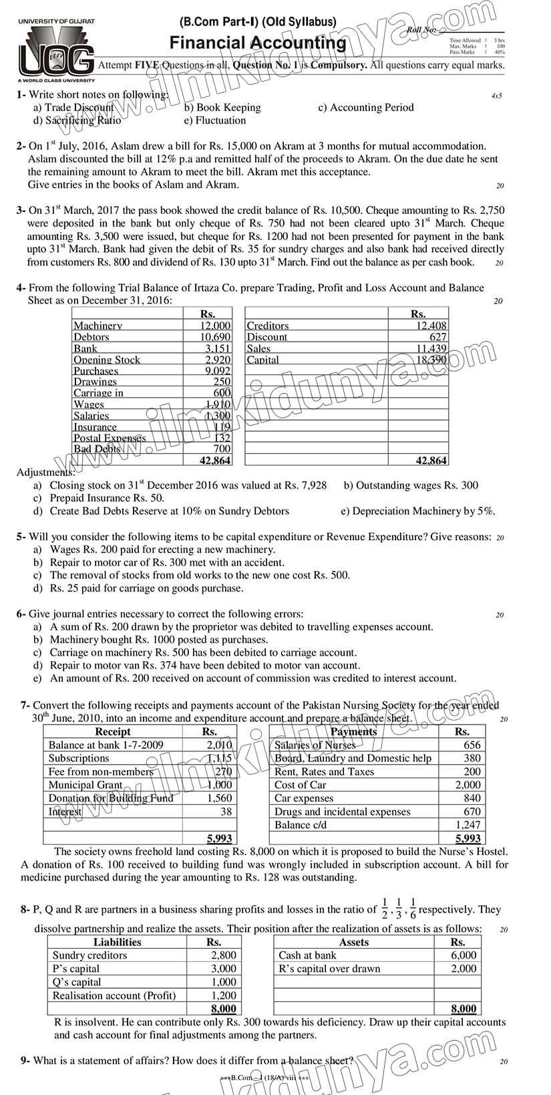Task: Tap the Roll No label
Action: tap(421, 30)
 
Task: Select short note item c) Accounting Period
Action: tap(365, 108)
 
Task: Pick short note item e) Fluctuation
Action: tap(214, 121)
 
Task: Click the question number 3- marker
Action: tap(21, 211)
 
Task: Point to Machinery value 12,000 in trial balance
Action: tap(215, 326)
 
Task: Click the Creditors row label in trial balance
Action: tap(268, 326)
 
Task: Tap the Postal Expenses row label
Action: tap(110, 439)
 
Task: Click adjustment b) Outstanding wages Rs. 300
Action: tap(411, 485)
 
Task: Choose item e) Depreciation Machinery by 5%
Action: tap(418, 511)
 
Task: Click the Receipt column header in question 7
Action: tap(113, 731)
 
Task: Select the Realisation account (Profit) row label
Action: tap(114, 995)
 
